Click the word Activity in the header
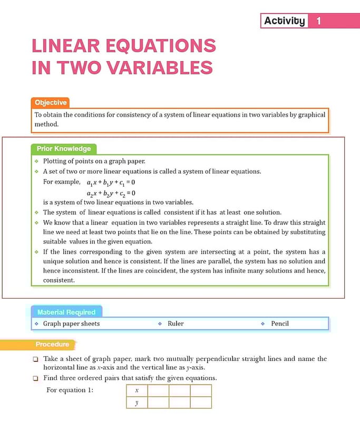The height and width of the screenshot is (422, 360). click(284, 21)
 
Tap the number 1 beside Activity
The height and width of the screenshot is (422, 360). click(318, 21)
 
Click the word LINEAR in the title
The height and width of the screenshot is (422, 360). click(71, 45)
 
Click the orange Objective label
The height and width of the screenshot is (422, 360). click(51, 103)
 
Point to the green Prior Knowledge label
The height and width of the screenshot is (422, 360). click(64, 149)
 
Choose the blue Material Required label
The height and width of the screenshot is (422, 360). click(66, 312)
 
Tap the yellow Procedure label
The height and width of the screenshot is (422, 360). click(52, 344)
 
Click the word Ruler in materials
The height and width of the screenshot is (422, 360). click(176, 323)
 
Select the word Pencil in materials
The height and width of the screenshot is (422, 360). click(280, 323)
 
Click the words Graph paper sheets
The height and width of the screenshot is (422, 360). click(71, 323)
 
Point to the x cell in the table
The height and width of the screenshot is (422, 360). click(137, 390)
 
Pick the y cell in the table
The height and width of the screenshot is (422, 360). click(137, 402)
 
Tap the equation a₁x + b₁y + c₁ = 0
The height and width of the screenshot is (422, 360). click(111, 183)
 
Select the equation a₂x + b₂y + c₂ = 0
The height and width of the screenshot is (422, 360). click(111, 193)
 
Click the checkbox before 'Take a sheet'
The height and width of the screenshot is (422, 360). click(35, 359)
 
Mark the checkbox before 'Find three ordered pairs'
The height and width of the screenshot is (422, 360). click(35, 378)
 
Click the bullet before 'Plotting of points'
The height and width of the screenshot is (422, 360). click(36, 161)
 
